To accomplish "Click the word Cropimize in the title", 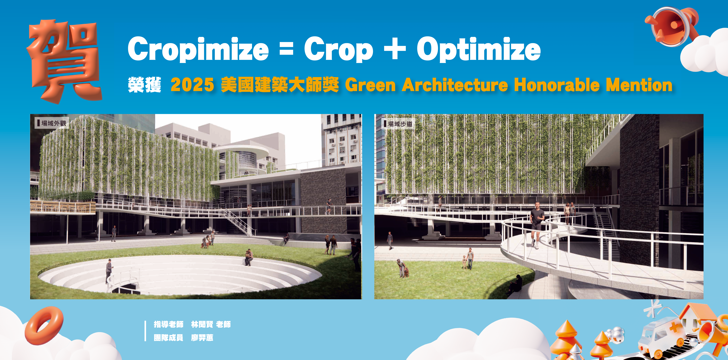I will point(198,49).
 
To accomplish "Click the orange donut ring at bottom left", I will point(44,325).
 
